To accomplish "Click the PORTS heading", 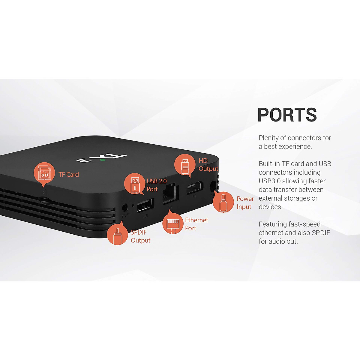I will tap(287, 115).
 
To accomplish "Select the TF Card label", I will tap(69, 175).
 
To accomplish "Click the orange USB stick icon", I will tap(135, 184).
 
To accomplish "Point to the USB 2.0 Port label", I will tap(156, 185).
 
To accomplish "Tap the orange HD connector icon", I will tap(185, 164).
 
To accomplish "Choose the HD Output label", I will tap(208, 165).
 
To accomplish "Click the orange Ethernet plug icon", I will tap(173, 223).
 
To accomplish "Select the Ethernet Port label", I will tap(196, 224).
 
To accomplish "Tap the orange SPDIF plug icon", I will tap(117, 235).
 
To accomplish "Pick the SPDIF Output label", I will tap(140, 236).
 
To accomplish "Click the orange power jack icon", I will tap(223, 202).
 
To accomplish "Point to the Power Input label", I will tap(245, 203).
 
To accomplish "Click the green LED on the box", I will tap(103, 159).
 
